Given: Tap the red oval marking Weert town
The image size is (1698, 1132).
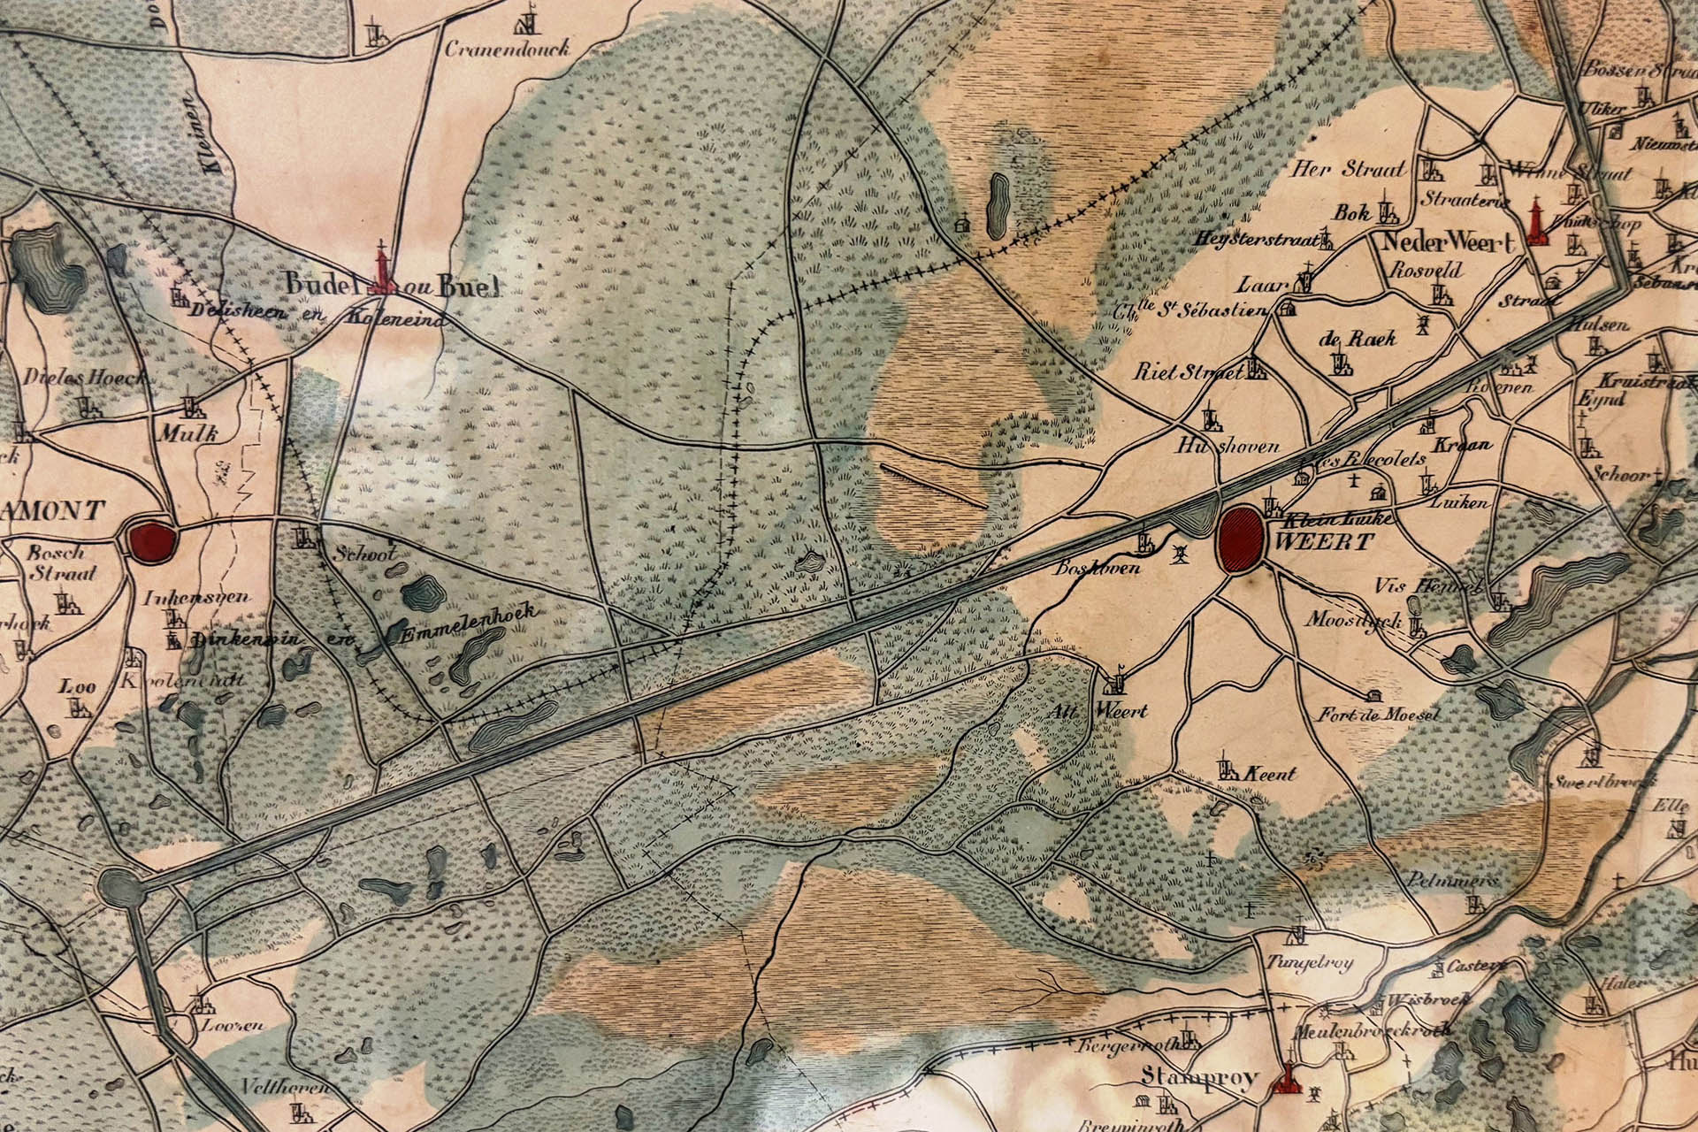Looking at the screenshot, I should tap(1242, 539).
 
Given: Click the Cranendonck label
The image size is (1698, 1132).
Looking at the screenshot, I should tap(508, 49).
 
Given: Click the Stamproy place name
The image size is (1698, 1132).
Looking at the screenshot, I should tap(1199, 1077).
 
